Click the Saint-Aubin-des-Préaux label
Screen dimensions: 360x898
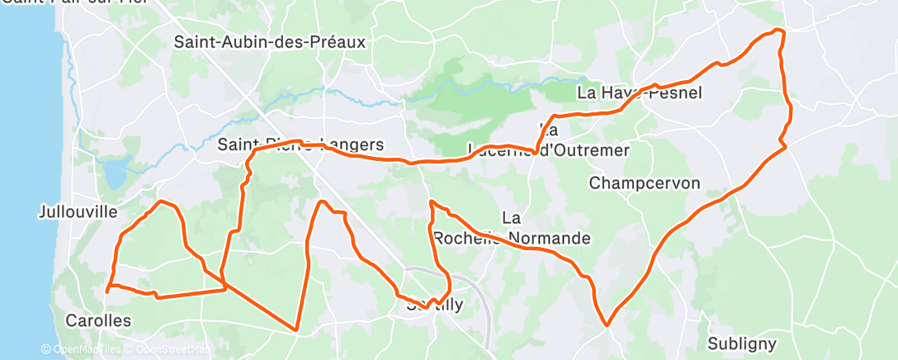(x=269, y=41)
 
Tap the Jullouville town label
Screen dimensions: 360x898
(x=78, y=211)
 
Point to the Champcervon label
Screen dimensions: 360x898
(x=645, y=182)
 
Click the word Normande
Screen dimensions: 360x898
(x=549, y=239)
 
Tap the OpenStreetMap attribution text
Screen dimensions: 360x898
(x=173, y=350)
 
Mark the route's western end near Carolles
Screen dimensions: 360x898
(x=108, y=291)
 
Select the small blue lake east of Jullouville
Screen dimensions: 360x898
(x=113, y=174)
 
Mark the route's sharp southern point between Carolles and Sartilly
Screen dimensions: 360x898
(x=295, y=330)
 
